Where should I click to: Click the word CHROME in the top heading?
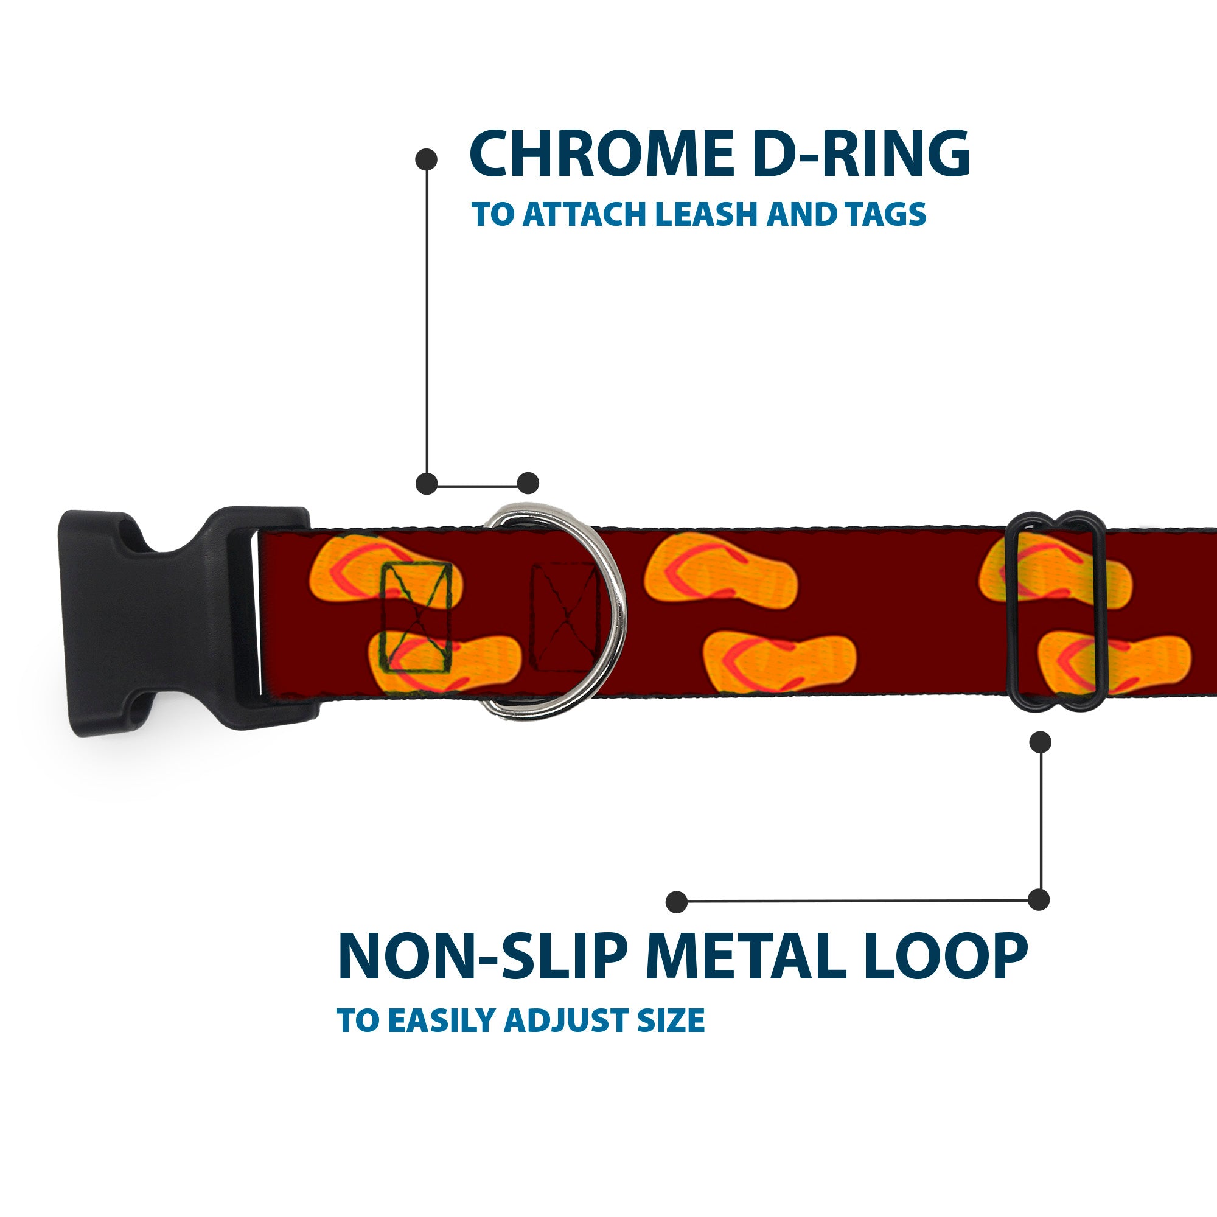click(x=601, y=153)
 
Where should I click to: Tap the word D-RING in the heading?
click(x=860, y=153)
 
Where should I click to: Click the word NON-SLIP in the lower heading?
click(x=483, y=956)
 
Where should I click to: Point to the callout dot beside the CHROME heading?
click(x=427, y=159)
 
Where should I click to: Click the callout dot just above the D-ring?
click(x=528, y=484)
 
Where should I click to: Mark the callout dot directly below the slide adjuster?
click(x=1040, y=742)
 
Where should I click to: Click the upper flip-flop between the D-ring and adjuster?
click(x=720, y=571)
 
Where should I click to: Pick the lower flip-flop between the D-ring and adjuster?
click(x=779, y=662)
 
